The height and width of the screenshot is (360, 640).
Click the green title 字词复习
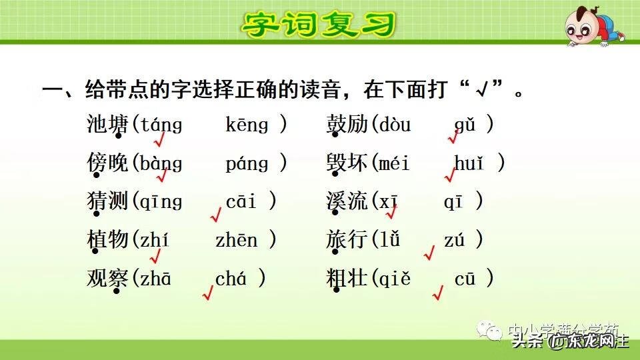pos(318,25)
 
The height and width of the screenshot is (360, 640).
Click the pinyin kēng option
pos(247,125)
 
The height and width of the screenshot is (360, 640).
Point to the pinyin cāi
pos(241,201)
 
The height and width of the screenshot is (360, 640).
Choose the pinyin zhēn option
pos(236,240)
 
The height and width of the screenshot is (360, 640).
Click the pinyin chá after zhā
pos(231,279)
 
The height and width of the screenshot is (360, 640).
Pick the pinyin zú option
pos(453,240)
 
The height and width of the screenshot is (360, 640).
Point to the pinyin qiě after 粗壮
pos(394,279)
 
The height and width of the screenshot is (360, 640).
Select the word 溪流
pos(347,201)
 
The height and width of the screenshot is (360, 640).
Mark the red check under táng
pos(159,140)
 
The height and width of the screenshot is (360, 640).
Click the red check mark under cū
pos(438,292)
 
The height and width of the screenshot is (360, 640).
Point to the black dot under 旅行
pos(337,253)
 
